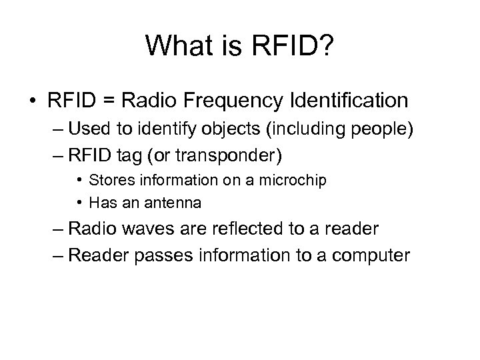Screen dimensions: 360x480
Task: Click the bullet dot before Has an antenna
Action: point(79,201)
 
